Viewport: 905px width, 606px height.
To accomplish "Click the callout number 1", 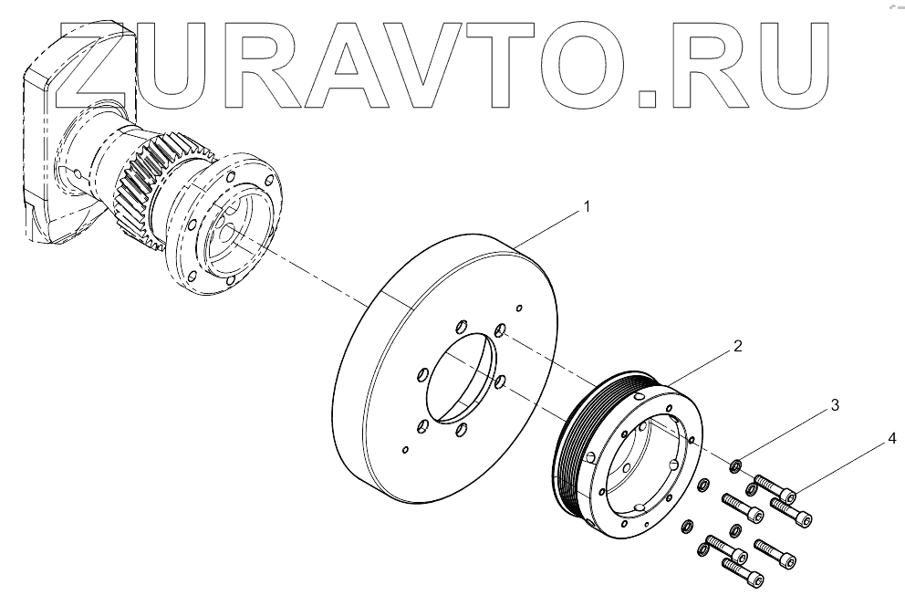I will [587, 207].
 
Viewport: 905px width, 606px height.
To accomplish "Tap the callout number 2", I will [737, 347].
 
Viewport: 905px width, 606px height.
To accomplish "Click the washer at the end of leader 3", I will [734, 468].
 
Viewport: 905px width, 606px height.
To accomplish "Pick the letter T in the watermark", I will [525, 58].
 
